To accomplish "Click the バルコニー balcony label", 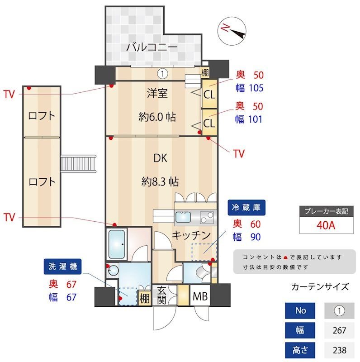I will click(x=152, y=47).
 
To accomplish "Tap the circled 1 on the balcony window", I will click(x=163, y=73).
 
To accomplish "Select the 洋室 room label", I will click(x=157, y=94).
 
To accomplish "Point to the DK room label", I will click(x=160, y=158).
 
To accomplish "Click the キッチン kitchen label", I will click(x=191, y=235).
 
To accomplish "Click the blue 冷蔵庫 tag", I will click(x=247, y=208).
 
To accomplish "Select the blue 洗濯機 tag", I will click(x=62, y=267).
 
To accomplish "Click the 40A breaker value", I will click(x=325, y=225).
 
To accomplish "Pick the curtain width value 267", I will click(x=339, y=330).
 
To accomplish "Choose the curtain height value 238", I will click(x=339, y=350).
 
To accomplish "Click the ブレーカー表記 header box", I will click(x=325, y=211).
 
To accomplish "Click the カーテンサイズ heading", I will click(x=320, y=286).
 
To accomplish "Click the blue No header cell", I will click(x=301, y=311).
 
